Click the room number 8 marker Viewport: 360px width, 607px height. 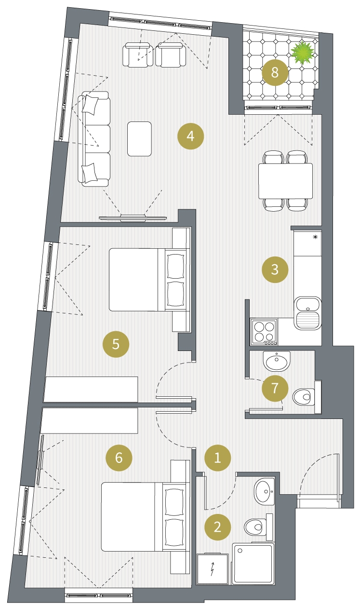coord(275,73)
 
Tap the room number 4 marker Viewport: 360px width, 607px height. coord(190,136)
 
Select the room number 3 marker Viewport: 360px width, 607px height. coord(275,270)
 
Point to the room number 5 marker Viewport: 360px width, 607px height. coord(116,344)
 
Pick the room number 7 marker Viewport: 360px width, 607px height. coord(275,388)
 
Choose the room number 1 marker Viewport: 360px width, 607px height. coord(217,458)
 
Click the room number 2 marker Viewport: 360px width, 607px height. coord(217,527)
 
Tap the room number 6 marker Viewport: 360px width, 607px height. coord(119,458)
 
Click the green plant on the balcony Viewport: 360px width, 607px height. coord(303,53)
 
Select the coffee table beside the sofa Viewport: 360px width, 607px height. coord(139,139)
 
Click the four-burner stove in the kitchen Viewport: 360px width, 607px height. coord(264,332)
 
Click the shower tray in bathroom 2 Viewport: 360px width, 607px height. coord(252,563)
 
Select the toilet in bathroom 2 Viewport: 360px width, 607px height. coord(258,527)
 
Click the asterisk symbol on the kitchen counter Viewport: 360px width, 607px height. coord(315,237)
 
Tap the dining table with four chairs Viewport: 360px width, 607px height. coord(285,181)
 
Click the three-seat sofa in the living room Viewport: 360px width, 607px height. coord(94,139)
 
